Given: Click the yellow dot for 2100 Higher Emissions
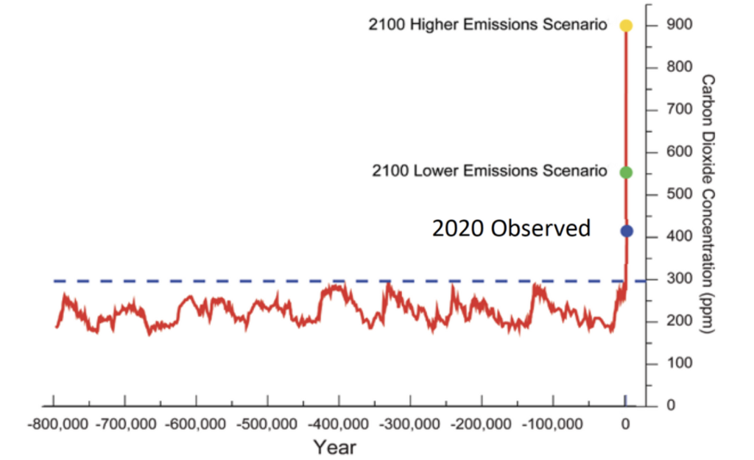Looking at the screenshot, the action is [626, 26].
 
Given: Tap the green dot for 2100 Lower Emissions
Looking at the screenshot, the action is [626, 172].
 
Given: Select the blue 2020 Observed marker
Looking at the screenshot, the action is [626, 231].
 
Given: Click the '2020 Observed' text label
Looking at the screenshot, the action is [511, 228].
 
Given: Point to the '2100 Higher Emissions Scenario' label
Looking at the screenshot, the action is [487, 24].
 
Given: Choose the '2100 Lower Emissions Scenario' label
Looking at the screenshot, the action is [490, 171].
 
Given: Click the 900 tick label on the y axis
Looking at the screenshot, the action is [680, 24].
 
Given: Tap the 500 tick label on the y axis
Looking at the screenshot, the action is [680, 194].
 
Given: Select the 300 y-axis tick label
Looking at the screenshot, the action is [680, 278].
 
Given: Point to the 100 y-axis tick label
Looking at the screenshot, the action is [680, 363].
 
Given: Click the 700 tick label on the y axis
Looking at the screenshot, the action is [680, 109].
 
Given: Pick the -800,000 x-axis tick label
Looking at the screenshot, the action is [57, 424].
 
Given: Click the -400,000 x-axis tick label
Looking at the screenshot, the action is [338, 424].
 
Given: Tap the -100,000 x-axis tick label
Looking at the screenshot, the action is [552, 424].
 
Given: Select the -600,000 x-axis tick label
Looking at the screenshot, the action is [195, 424].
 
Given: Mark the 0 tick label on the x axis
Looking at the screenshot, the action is [625, 424].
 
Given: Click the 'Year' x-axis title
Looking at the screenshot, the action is [335, 447].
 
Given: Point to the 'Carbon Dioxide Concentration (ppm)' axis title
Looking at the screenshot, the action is [708, 204].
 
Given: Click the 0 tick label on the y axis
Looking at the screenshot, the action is [671, 406].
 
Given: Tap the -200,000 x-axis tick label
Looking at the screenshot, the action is [481, 424].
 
